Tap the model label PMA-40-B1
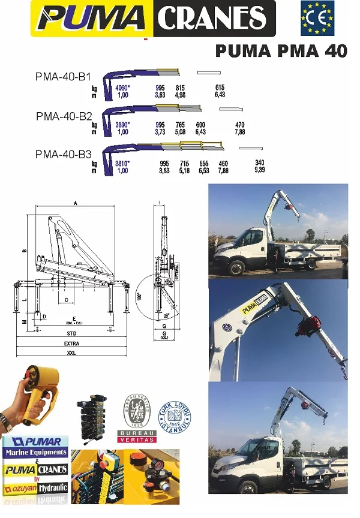63,77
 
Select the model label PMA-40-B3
63,153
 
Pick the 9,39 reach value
259,170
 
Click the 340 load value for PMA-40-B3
259,163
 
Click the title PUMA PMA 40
281,51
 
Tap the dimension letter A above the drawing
76,203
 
